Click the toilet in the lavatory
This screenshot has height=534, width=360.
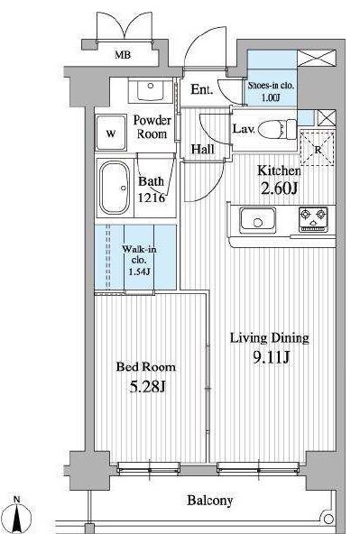278,129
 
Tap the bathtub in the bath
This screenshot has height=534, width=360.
115,188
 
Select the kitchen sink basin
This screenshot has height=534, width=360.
257,219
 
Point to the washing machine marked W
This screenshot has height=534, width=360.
111,133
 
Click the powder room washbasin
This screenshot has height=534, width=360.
150,90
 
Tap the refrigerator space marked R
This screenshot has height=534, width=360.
318,149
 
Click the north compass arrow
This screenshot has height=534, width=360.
17,517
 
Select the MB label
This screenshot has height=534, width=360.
123,54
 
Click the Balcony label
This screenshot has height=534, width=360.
210,500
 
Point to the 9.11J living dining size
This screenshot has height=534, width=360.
271,357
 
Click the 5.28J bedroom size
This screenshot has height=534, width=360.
147,386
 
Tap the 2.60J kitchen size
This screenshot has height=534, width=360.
280,188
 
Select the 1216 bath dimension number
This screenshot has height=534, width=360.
152,198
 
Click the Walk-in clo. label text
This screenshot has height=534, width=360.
139,254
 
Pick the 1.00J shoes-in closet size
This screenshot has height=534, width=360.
271,97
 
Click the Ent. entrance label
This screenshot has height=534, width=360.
202,89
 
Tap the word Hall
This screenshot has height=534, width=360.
203,149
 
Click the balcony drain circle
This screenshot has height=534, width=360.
328,519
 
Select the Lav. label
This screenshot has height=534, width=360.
244,129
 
